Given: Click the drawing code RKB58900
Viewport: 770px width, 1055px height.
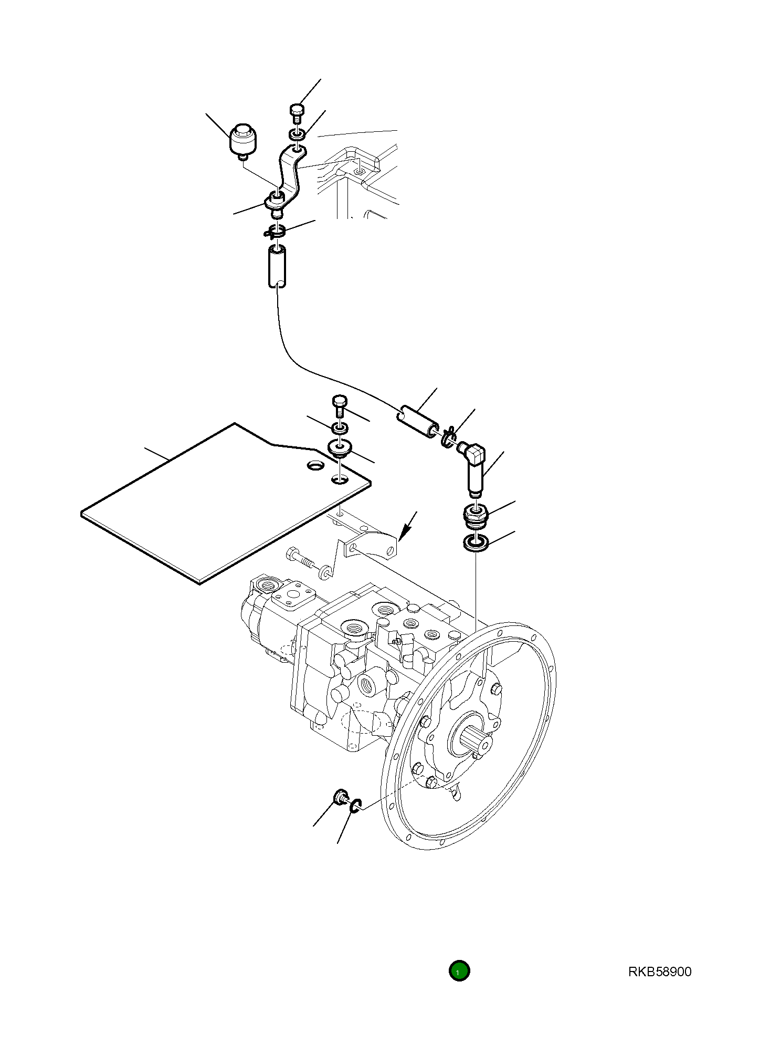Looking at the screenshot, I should click(x=659, y=972).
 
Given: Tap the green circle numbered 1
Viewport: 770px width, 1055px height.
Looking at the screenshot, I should click(x=459, y=972).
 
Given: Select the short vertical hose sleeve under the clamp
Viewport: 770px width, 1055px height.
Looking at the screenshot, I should click(x=277, y=266).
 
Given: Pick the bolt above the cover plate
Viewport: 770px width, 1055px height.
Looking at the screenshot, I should click(x=339, y=406).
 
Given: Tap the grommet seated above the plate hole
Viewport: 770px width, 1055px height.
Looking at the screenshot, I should click(x=340, y=448).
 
